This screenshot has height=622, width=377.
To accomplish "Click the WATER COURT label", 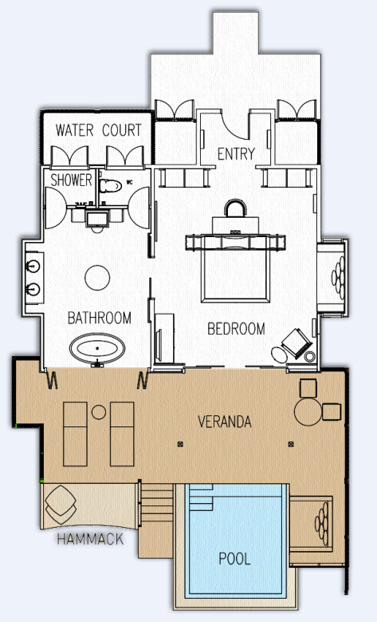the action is [98, 130].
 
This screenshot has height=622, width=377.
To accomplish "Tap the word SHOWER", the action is [71, 180].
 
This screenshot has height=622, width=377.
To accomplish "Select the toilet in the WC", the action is [110, 186].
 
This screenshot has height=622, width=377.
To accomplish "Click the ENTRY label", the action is [236, 154].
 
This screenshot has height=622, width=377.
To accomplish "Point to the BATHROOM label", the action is [100, 318].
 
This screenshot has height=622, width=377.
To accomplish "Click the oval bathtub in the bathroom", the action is [97, 349].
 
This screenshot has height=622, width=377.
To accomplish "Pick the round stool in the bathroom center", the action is [97, 278].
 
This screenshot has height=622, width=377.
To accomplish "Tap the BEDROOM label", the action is [236, 328].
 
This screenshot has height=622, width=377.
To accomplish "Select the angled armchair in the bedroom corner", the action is [296, 343].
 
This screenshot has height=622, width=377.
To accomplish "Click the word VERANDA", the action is [225, 422].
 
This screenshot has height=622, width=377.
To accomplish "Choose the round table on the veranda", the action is [308, 413].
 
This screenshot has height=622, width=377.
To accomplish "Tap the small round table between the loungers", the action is [99, 412].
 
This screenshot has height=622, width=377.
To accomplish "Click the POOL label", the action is [235, 559].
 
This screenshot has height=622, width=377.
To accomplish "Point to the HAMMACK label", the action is [90, 539].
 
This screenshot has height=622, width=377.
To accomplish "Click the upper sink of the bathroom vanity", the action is [33, 266].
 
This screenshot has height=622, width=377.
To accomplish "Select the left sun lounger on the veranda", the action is [75, 434].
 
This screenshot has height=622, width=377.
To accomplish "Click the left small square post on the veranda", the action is [181, 444].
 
